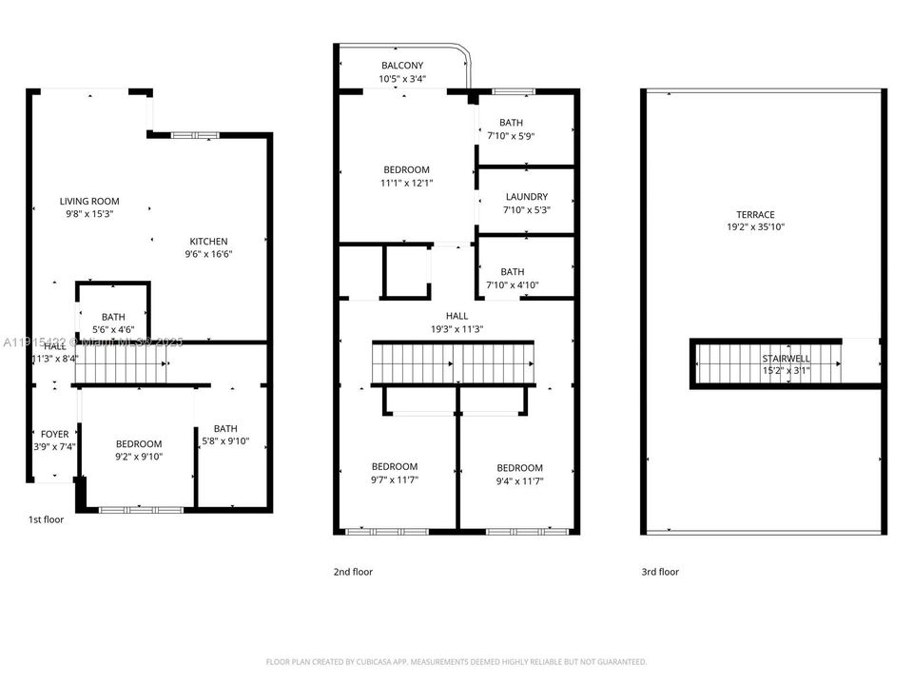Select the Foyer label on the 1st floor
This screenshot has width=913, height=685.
(54, 435)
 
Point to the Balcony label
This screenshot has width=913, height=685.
(402, 66)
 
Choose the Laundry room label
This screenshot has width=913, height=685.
(526, 197)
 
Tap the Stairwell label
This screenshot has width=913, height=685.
(786, 359)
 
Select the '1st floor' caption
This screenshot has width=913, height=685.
(46, 519)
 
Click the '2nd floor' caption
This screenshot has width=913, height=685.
(353, 572)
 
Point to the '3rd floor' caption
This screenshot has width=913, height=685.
(660, 572)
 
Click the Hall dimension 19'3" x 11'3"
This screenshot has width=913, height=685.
(456, 329)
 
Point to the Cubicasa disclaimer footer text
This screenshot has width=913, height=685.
(456, 661)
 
